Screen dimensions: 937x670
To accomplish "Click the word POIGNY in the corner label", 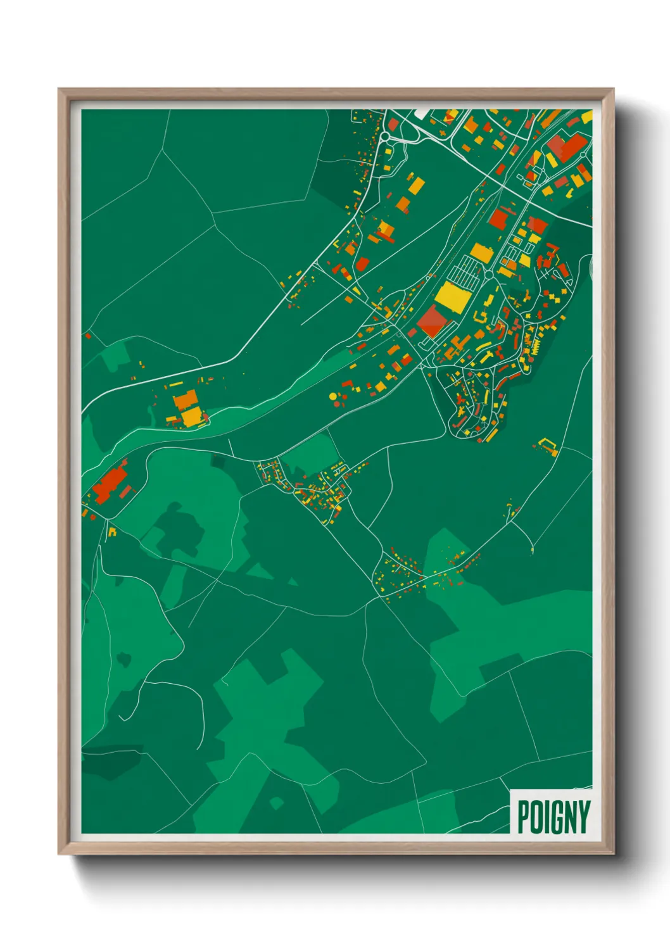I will [x=553, y=817].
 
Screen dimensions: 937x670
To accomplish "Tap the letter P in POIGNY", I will [x=523, y=817].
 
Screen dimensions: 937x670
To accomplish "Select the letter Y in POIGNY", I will [x=583, y=817].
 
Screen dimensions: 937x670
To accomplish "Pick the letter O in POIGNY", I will [x=536, y=817].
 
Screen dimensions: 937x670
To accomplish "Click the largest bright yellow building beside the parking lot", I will [x=452, y=296].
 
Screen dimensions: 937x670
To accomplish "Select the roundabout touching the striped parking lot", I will [x=488, y=275].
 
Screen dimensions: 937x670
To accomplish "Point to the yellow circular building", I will [x=333, y=396].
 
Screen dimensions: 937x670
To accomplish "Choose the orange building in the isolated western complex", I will [x=185, y=399].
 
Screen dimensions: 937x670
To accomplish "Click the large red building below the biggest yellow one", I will [x=432, y=320].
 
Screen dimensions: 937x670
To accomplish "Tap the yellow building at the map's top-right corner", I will [x=588, y=116].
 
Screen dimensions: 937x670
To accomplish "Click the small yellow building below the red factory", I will [x=112, y=531].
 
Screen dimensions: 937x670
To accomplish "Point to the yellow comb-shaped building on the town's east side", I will [x=534, y=348].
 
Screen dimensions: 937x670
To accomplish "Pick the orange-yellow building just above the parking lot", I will [x=481, y=252].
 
